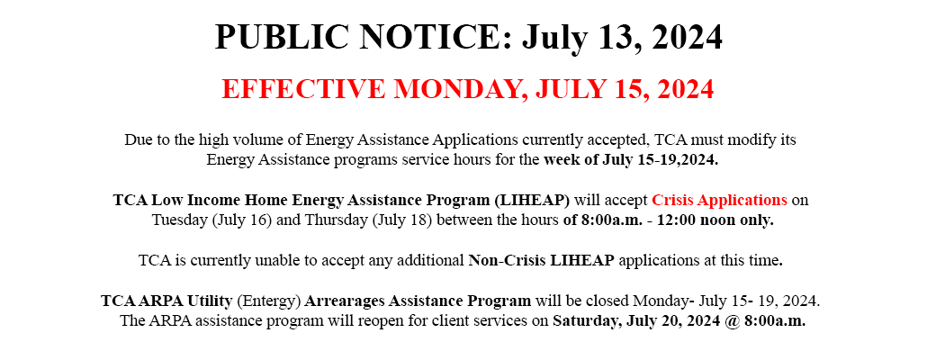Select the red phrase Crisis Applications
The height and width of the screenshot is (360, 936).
[719, 200]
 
